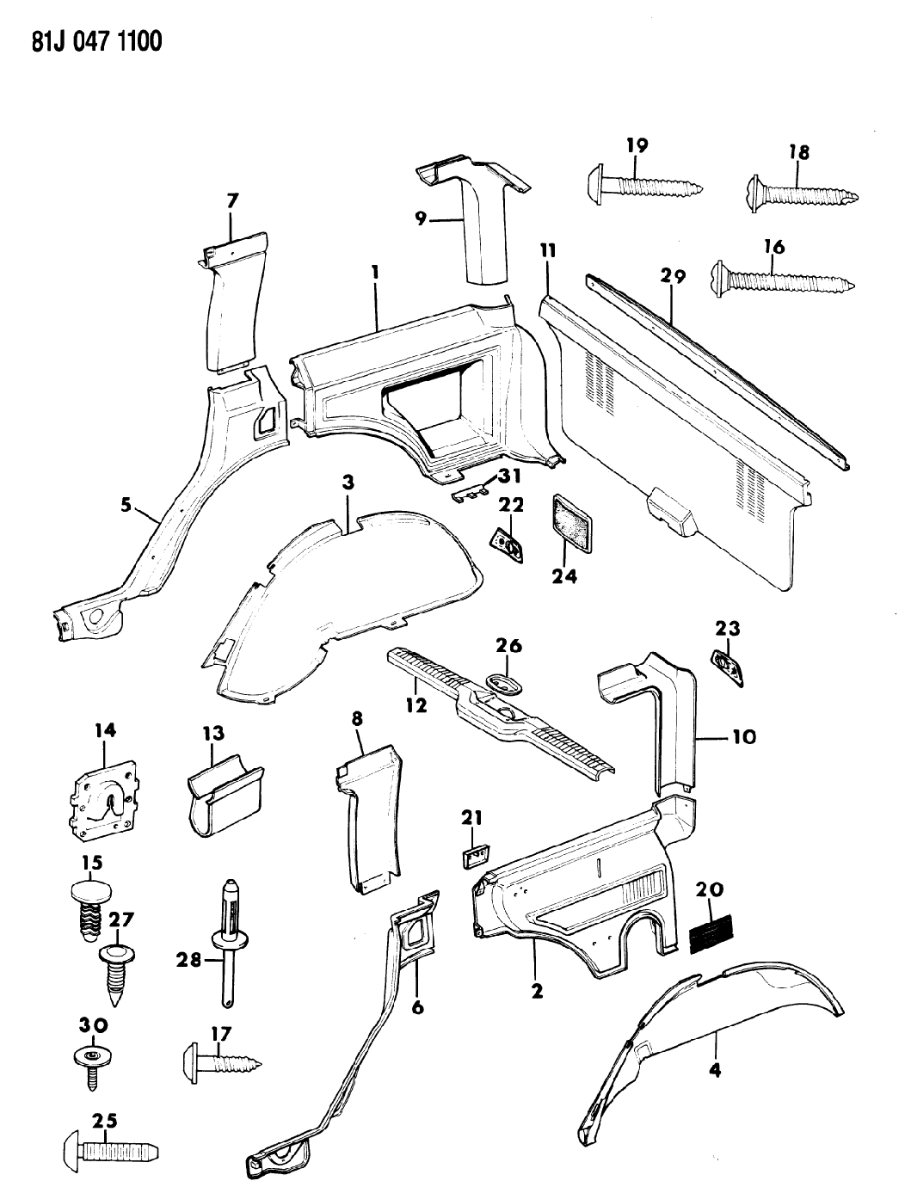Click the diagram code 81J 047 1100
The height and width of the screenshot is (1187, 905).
(x=84, y=40)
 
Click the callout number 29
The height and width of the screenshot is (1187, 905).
(x=673, y=276)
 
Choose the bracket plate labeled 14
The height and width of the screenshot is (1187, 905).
(x=103, y=803)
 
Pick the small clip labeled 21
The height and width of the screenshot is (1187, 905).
(x=471, y=855)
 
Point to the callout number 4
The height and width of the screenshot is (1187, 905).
(x=715, y=1069)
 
